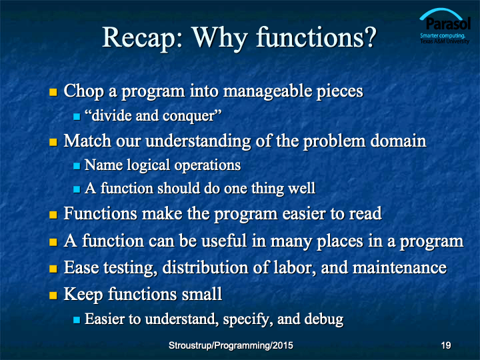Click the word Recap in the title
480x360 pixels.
coord(143,38)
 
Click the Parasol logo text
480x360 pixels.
coord(448,23)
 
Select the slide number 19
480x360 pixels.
coord(446,345)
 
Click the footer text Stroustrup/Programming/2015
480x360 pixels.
coord(231,345)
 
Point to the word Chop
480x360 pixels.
coord(84,92)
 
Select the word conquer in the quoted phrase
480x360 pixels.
coord(189,116)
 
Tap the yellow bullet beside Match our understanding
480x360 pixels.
coord(53,142)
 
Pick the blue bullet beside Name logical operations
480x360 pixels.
coord(77,166)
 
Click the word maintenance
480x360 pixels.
coord(399,267)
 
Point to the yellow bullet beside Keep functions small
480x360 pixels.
coord(53,295)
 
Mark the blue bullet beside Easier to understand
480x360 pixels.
coord(77,320)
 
